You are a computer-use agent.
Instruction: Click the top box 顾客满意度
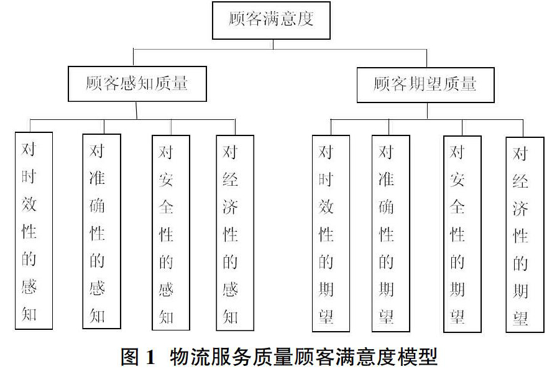tap(271, 20)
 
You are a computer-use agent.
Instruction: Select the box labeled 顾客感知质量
tap(137, 84)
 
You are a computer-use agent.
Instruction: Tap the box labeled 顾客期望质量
tap(426, 85)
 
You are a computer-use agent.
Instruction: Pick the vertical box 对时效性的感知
tap(34, 230)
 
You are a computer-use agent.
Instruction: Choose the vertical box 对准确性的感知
tap(102, 232)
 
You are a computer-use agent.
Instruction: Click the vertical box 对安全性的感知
tap(171, 232)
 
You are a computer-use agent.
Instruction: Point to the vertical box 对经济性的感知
tap(235, 233)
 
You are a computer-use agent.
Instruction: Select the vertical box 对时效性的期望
tap(331, 234)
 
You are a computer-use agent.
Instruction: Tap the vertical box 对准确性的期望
tap(391, 234)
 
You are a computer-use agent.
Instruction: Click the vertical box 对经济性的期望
tap(525, 235)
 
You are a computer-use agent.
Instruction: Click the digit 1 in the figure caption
tap(150, 357)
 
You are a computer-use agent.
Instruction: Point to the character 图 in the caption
tap(130, 357)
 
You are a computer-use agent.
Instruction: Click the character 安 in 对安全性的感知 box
tap(166, 180)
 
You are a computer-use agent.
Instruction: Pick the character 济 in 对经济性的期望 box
tap(520, 209)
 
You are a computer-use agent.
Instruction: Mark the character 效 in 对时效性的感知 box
tap(29, 204)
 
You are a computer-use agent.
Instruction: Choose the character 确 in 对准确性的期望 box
tap(386, 207)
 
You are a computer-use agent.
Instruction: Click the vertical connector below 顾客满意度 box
tap(273, 44)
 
